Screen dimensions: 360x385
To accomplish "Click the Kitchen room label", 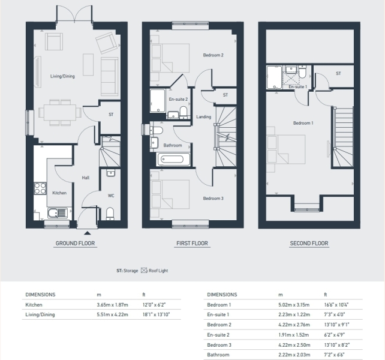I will tap(59, 193).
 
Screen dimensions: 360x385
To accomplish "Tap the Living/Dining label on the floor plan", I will tap(62, 76).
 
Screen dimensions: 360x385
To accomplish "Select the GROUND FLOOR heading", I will tap(76, 244).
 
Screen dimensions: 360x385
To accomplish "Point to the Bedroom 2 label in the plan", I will tap(213, 56).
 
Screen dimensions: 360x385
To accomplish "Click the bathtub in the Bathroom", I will tap(173, 160).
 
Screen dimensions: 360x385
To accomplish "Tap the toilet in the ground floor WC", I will tap(110, 214).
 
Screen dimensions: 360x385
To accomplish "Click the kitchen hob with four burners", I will tap(41, 188).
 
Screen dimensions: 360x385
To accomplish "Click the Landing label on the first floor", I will tap(203, 116).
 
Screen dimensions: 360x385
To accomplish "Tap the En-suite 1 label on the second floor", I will tap(297, 87).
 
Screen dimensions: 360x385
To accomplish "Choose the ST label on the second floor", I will tap(338, 73).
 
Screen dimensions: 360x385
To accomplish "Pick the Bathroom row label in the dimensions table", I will tap(218, 355).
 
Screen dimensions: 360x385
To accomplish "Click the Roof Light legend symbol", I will tap(143, 271).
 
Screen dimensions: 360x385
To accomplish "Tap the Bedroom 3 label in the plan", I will tap(213, 199).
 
